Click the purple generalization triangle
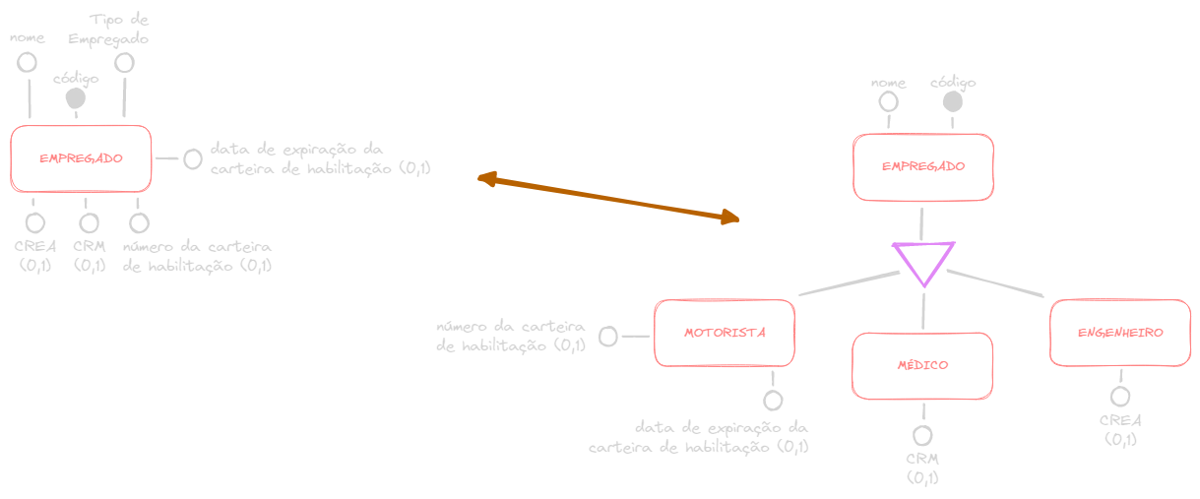point(923,261)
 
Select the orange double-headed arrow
point(607,198)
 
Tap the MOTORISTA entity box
point(725,333)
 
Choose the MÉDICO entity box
point(922,365)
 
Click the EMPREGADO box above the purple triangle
point(922,166)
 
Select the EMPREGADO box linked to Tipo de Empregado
point(81,157)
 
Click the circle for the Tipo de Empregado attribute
point(124,62)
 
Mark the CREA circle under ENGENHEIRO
point(1120,397)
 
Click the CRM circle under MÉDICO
point(922,436)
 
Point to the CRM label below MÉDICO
point(922,460)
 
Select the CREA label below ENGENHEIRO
point(1120,420)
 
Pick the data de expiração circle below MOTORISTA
point(773,401)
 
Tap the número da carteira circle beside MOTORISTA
point(608,337)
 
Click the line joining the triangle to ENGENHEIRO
point(994,282)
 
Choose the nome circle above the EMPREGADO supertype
point(889,101)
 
